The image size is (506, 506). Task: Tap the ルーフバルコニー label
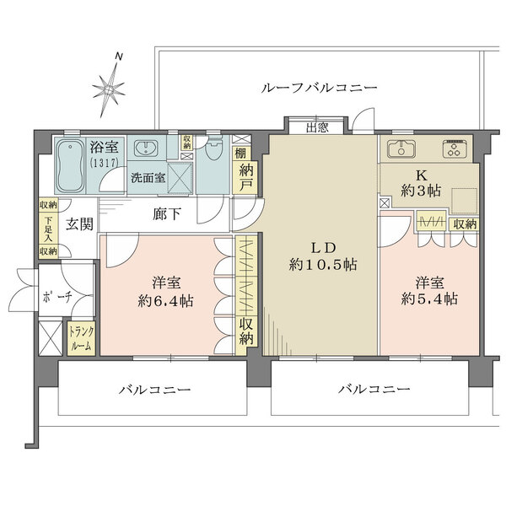319,88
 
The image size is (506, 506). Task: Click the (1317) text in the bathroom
105,161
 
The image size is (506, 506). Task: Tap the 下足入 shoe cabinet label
47,228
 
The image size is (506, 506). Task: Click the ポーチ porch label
57,296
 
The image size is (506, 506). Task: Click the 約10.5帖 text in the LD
322,264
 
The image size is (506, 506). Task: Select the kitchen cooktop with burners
456,151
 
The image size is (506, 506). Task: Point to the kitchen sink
399,150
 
